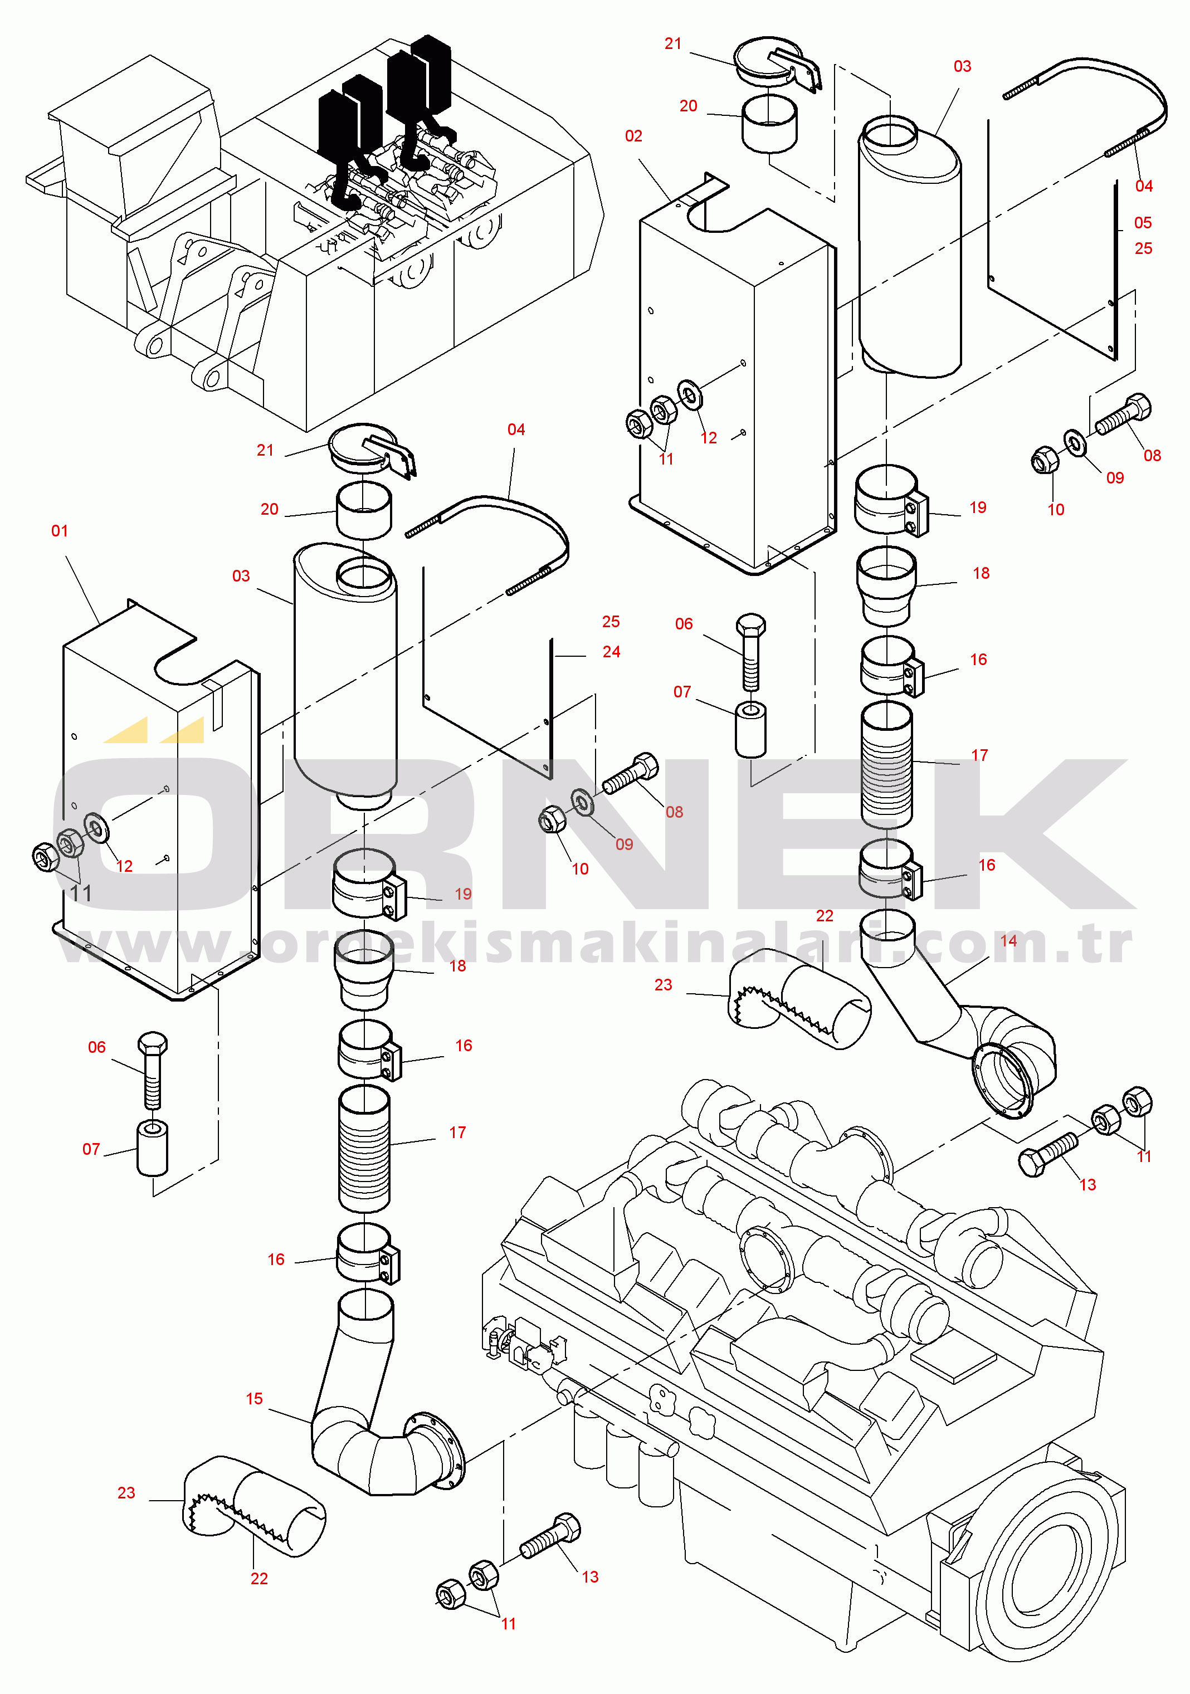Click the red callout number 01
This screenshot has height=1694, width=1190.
pos(60,531)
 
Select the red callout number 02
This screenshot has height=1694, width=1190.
pos(634,136)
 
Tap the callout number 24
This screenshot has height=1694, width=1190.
pos(612,652)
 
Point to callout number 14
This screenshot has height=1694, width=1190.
pos(1008,941)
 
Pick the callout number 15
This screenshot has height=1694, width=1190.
pos(255,1399)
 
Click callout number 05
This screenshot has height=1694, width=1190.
pos(1143,223)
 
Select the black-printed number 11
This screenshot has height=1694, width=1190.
pos(81,894)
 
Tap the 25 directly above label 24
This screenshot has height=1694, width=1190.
pos(611,622)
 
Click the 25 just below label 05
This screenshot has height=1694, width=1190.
pos(1144,248)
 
